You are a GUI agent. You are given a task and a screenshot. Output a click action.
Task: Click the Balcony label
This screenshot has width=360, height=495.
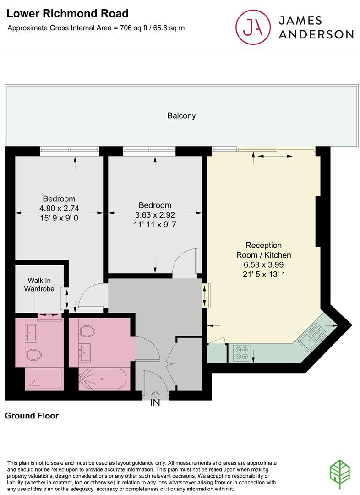coord(181,116)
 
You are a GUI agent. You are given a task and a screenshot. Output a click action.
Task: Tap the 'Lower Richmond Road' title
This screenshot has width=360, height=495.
coord(67,14)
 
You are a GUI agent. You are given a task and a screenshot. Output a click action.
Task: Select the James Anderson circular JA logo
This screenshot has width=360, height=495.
coord(253,27)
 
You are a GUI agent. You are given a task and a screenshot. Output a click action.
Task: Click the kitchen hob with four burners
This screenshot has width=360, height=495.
coord(242,353)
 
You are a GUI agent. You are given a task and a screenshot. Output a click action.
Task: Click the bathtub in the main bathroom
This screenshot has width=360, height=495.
coord(103,379)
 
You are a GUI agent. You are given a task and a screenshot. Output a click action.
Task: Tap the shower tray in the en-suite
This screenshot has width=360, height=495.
coord(44,379)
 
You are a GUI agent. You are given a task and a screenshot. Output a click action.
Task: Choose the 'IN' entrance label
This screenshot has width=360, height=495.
coord(155,402)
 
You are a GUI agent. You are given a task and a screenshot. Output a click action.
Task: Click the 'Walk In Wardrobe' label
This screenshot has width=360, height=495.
coord(39,285)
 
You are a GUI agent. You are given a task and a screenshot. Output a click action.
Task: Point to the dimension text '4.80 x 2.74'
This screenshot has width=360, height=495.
coord(59,209)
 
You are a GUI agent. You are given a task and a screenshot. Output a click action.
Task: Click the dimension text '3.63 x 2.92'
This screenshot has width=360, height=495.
coord(155,215)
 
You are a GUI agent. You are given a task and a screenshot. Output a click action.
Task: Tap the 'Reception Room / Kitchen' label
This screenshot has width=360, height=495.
coord(264,250)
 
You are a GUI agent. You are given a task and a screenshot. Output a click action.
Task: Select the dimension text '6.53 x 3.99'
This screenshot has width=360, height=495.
coord(264,264)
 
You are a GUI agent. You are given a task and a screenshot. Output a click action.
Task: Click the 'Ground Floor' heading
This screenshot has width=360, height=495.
coord(32,415)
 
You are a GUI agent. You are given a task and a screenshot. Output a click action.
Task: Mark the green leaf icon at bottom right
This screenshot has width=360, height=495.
coord(340,474)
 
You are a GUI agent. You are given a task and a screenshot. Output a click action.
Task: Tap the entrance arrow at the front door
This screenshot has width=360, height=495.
coord(155,394)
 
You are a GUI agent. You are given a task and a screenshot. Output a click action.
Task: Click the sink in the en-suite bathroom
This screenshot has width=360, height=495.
coord(32,333)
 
